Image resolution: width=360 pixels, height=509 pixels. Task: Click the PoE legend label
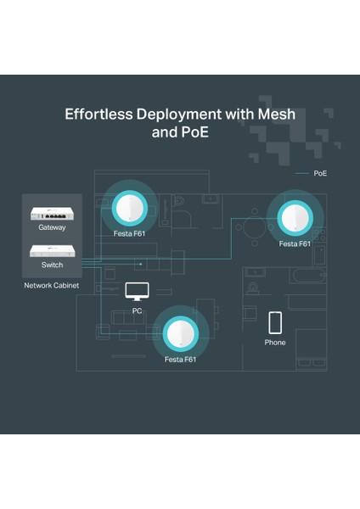click(x=320, y=173)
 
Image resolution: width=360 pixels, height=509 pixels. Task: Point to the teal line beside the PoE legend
click(x=301, y=173)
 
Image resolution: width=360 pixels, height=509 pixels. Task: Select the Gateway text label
click(x=51, y=227)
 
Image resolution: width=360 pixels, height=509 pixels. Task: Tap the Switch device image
click(x=51, y=250)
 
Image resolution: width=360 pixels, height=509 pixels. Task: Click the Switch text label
click(x=52, y=265)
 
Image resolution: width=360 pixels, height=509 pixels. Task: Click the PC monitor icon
click(x=137, y=292)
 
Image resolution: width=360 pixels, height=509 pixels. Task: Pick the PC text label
click(x=137, y=311)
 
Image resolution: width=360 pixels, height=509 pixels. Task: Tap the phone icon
click(x=275, y=322)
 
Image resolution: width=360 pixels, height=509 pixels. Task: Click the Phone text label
click(x=275, y=343)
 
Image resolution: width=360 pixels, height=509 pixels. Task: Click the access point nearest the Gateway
click(x=131, y=206)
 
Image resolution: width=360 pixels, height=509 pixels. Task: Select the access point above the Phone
click(x=296, y=219)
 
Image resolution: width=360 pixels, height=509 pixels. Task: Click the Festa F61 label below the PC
click(x=180, y=360)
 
